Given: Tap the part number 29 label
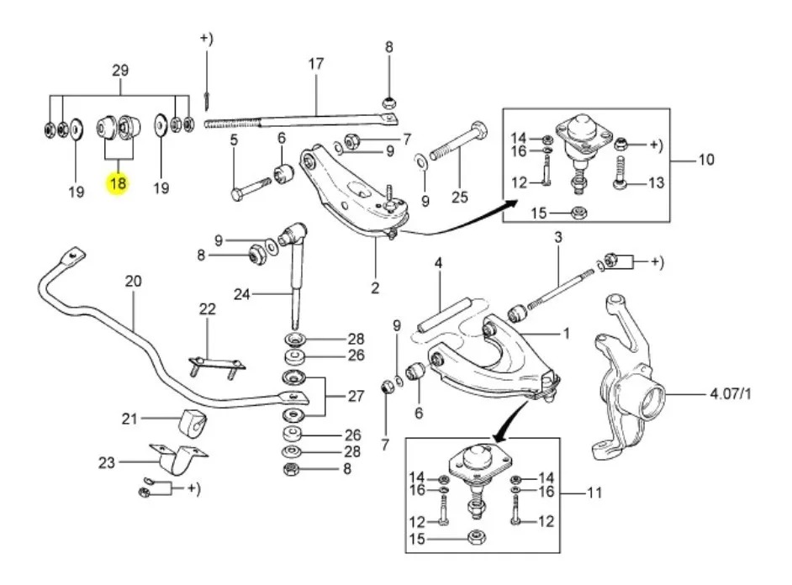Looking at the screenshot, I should (x=119, y=71).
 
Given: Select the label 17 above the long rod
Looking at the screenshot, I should (x=316, y=63).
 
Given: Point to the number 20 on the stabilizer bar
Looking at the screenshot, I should (x=134, y=282).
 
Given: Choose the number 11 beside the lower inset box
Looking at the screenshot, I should (x=594, y=493).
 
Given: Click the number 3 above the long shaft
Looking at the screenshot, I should (x=557, y=239).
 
